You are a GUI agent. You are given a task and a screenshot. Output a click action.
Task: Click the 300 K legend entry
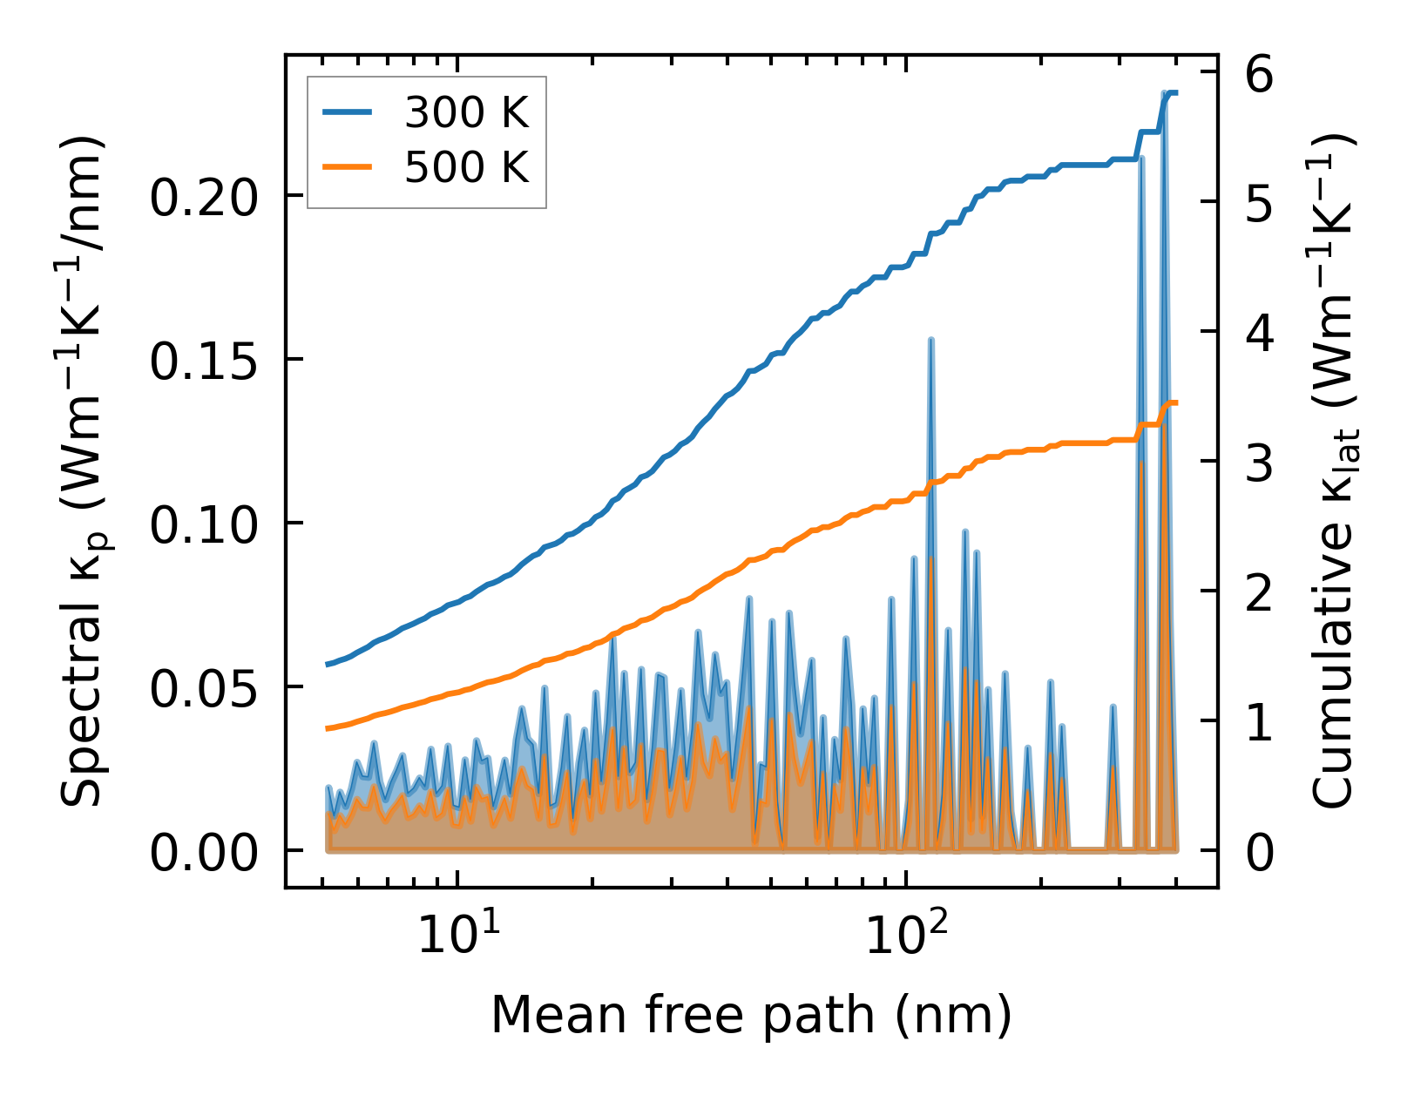pyautogui.click(x=466, y=112)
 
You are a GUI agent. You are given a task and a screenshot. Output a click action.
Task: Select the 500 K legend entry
pyautogui.click(x=466, y=167)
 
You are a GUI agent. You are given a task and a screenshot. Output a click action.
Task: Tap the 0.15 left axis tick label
pyautogui.click(x=206, y=361)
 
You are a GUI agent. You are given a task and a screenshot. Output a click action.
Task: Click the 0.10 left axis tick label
pyautogui.click(x=206, y=524)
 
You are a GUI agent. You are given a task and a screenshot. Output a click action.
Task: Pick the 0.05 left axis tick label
pyautogui.click(x=206, y=688)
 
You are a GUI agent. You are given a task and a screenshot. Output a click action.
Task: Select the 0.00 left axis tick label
pyautogui.click(x=206, y=852)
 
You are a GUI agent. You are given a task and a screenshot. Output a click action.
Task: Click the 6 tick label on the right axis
pyautogui.click(x=1260, y=75)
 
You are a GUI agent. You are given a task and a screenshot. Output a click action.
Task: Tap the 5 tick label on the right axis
pyautogui.click(x=1260, y=204)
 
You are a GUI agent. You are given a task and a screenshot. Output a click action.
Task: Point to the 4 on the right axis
pyautogui.click(x=1260, y=334)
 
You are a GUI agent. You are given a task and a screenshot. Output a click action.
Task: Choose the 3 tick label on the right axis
pyautogui.click(x=1260, y=463)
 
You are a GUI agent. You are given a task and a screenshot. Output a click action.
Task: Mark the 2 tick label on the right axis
pyautogui.click(x=1260, y=592)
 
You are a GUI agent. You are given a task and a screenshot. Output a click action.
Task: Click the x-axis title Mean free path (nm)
pyautogui.click(x=751, y=1015)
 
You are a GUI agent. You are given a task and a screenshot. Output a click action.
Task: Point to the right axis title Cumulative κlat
pyautogui.click(x=1334, y=470)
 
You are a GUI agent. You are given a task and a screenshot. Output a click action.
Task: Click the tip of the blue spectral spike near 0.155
pyautogui.click(x=931, y=340)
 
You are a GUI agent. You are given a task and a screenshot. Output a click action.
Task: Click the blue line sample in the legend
pyautogui.click(x=348, y=112)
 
